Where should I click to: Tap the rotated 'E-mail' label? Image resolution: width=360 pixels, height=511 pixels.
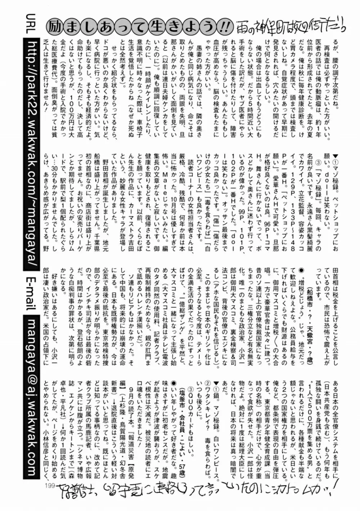30,294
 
